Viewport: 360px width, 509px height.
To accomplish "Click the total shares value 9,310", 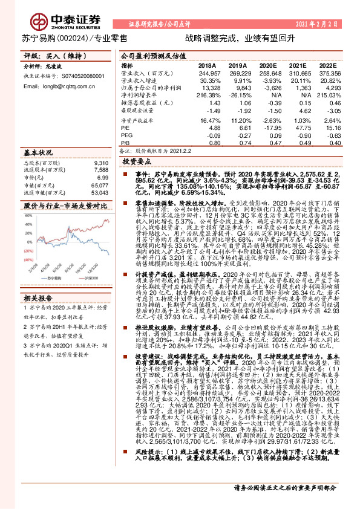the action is pos(101,163).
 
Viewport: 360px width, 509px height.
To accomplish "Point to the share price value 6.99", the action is pos(102,178).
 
